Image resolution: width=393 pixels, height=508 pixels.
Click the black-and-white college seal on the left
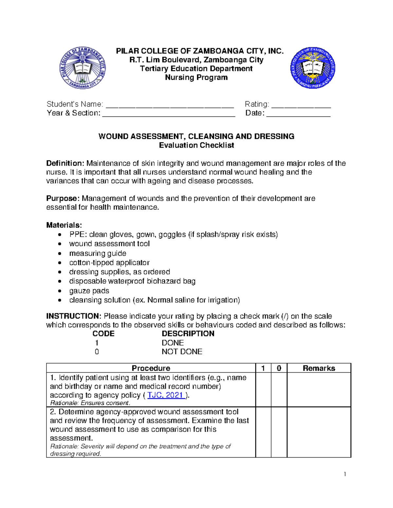(83, 68)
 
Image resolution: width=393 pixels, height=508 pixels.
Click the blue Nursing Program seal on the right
(312, 68)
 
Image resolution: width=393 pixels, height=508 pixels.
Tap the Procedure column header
(151, 368)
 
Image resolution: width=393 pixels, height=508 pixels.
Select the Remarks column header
(319, 368)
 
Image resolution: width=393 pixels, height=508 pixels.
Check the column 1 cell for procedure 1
(263, 390)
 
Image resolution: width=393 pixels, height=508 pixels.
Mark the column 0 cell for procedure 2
(279, 432)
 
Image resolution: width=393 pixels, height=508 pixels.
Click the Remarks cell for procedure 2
(319, 432)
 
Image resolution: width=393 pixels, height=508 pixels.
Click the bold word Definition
(65, 163)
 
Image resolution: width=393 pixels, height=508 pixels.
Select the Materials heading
(64, 225)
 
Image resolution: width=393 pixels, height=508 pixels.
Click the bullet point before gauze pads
(59, 291)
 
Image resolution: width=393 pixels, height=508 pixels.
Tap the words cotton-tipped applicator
(109, 263)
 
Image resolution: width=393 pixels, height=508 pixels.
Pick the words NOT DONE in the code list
(182, 352)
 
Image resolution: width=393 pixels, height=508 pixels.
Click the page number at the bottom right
(345, 474)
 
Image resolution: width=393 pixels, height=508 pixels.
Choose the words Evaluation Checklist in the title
(196, 145)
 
